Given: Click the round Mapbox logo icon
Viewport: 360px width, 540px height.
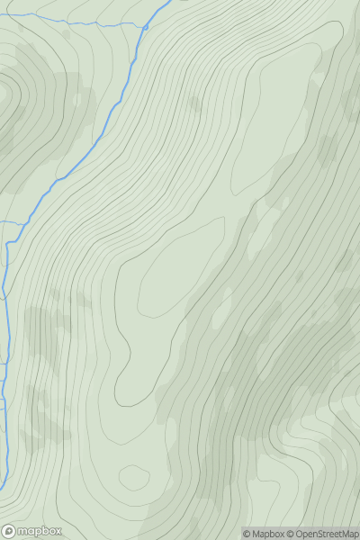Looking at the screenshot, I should tap(10, 531).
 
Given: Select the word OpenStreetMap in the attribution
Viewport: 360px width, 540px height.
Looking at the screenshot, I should tap(328, 534).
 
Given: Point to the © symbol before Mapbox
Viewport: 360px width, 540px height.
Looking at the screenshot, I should tap(247, 534).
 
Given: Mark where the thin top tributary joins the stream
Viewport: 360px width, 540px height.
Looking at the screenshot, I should tap(145, 27).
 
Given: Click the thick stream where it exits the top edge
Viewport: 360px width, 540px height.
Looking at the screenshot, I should tap(169, 3).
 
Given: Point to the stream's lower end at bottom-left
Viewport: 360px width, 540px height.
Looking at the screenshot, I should tap(2, 486).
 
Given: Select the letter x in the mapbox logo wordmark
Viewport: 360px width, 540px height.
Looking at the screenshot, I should tap(59, 531).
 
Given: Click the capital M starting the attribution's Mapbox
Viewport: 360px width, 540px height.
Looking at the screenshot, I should tap(257, 534).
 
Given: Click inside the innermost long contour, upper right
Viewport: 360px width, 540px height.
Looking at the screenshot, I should tap(279, 117).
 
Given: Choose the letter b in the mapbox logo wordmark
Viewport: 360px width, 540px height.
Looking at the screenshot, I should tap(44, 531).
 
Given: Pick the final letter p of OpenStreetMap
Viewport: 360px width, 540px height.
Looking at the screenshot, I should tap(355, 535).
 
